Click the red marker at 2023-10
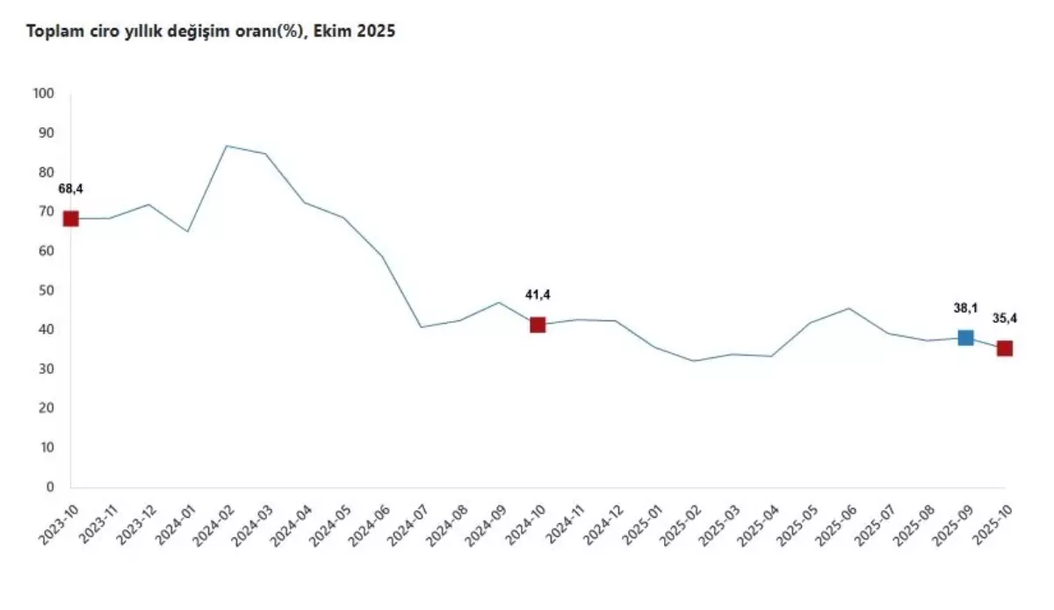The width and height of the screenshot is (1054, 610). [71, 219]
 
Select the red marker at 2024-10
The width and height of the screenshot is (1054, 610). [538, 325]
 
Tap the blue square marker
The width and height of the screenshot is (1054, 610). [965, 338]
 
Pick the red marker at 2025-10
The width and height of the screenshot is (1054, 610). [1004, 348]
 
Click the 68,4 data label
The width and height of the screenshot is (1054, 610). [71, 189]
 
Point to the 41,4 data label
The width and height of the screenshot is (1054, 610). [538, 295]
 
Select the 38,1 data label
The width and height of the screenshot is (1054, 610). [964, 307]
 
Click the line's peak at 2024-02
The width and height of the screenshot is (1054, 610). [227, 146]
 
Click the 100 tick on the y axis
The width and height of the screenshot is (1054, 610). [43, 94]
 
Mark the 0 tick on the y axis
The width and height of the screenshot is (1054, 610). [50, 487]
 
